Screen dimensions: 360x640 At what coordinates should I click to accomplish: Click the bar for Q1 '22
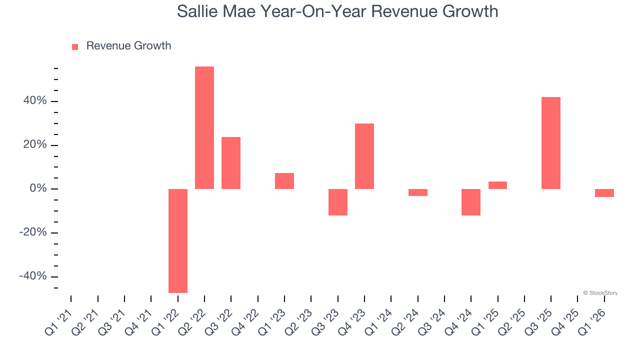pyautogui.click(x=178, y=240)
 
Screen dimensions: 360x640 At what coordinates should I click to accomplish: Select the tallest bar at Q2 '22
pyautogui.click(x=204, y=127)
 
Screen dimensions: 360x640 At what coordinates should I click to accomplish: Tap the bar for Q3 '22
pyautogui.click(x=231, y=163)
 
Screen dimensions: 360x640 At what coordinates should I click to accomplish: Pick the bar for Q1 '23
pyautogui.click(x=284, y=181)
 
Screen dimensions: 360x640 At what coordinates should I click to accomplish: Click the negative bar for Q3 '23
pyautogui.click(x=338, y=202)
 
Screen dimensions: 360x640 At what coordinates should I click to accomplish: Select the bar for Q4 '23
pyautogui.click(x=364, y=156)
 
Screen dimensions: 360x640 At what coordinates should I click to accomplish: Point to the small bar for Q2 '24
pyautogui.click(x=418, y=192)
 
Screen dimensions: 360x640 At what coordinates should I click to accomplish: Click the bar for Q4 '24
pyautogui.click(x=471, y=202)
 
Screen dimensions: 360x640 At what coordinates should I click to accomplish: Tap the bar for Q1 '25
pyautogui.click(x=497, y=185)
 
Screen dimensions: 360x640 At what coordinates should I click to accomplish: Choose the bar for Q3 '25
pyautogui.click(x=551, y=143)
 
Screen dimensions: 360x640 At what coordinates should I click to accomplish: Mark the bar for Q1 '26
pyautogui.click(x=604, y=193)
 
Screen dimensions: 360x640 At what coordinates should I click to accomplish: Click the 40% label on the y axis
pyautogui.click(x=35, y=101)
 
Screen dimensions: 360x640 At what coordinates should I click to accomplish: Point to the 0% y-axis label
pyautogui.click(x=38, y=189)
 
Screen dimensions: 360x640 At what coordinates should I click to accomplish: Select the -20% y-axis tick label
pyautogui.click(x=33, y=232)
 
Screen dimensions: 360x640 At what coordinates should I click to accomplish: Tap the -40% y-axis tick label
pyautogui.click(x=33, y=276)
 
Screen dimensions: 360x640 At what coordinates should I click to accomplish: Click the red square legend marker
pyautogui.click(x=75, y=46)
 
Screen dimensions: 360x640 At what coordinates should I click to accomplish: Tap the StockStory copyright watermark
pyautogui.click(x=600, y=293)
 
